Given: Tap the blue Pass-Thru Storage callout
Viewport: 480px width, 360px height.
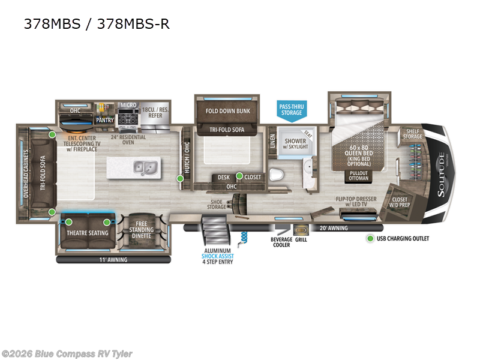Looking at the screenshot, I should [292, 110].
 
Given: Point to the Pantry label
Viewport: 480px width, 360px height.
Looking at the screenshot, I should [105, 120].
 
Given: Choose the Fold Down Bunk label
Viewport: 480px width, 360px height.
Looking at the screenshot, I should [227, 111].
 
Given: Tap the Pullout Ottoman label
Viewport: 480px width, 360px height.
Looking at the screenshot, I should [359, 176].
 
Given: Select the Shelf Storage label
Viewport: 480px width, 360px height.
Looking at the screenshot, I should [412, 134].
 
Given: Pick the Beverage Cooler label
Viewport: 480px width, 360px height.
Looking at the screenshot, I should [281, 242].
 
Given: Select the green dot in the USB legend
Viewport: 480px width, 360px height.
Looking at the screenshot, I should [370, 239].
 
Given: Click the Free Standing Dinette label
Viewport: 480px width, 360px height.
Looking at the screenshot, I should [142, 230].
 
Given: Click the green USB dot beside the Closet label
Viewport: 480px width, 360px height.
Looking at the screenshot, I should [239, 176].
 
